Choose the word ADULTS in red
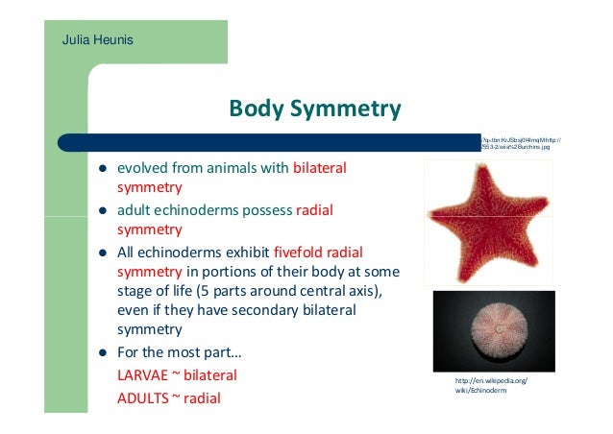click(142, 396)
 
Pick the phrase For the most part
click(171, 352)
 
